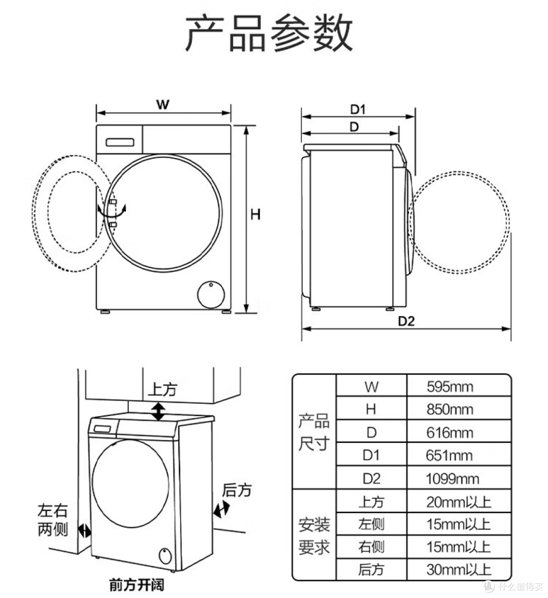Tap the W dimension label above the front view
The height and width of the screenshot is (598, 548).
click(162, 105)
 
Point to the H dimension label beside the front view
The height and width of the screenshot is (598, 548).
click(255, 214)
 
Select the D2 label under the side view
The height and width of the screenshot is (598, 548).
click(406, 321)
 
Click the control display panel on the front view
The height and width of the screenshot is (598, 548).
click(120, 142)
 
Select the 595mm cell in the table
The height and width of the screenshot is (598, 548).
click(450, 387)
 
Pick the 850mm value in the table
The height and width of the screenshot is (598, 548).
click(450, 410)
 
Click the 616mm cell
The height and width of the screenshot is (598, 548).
click(450, 433)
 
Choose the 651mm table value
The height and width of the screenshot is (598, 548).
click(450, 456)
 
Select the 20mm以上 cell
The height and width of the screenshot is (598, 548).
click(459, 502)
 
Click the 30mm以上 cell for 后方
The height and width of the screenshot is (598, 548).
click(459, 569)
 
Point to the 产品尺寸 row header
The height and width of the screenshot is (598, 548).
click(314, 433)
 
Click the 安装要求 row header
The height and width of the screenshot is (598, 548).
click(314, 536)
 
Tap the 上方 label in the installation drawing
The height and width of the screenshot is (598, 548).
click(162, 390)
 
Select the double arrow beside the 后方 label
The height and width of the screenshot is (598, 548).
click(222, 509)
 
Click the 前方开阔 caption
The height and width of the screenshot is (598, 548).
click(137, 585)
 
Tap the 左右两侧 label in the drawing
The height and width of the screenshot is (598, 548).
click(53, 520)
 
